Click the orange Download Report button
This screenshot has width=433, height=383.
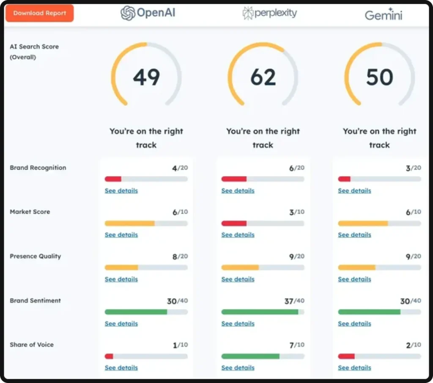(x=39, y=13)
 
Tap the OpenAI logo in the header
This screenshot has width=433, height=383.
(x=148, y=13)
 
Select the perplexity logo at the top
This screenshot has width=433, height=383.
(x=269, y=13)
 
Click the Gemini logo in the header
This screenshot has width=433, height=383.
(x=383, y=14)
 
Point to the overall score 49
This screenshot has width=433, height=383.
(x=146, y=77)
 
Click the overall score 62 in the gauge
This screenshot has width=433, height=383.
(x=263, y=77)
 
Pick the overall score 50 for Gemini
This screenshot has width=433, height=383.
(x=379, y=77)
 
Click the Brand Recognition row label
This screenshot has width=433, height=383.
(x=38, y=168)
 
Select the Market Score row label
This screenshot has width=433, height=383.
(x=30, y=212)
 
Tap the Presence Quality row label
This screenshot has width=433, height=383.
(x=35, y=256)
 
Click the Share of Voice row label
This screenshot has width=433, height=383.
(x=32, y=345)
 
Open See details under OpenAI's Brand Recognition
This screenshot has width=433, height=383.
(x=121, y=191)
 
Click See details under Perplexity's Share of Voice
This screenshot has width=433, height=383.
(x=238, y=368)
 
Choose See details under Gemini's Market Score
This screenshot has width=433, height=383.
(x=354, y=235)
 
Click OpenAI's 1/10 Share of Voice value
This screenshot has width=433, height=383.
(x=180, y=345)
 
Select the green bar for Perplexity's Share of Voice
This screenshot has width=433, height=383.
(x=250, y=356)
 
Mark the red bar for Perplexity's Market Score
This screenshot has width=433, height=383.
(x=234, y=223)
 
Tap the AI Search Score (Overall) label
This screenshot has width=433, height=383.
(x=34, y=52)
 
